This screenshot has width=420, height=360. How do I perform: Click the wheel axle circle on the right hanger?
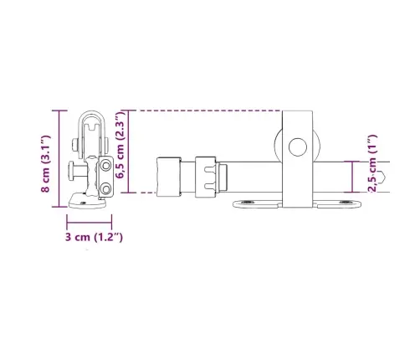[x=296, y=149]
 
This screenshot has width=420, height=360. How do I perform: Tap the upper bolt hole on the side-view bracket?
[x=106, y=167]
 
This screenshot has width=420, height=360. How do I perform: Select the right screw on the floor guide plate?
[x=348, y=201]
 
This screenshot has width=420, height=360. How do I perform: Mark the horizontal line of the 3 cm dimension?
[x=90, y=223]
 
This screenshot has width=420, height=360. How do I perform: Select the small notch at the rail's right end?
[x=382, y=177]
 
